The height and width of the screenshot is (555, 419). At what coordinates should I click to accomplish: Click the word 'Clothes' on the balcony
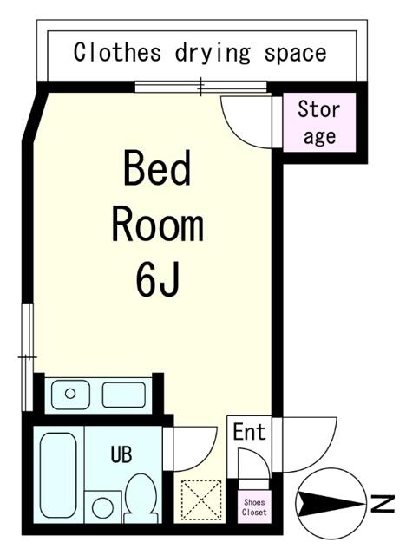117,52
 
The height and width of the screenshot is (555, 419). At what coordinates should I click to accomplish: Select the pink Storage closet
319,122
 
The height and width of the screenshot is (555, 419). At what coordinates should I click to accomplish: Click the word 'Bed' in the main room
157,168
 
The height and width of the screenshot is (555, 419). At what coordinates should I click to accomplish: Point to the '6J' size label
156,278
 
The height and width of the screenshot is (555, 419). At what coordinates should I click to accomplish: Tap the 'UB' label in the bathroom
121,454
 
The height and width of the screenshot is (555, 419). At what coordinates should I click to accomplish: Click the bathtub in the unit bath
58,475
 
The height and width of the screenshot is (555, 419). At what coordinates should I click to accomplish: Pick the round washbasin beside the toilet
102,506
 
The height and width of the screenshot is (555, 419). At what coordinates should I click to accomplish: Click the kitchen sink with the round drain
70,394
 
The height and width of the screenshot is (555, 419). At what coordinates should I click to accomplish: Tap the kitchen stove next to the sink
124,395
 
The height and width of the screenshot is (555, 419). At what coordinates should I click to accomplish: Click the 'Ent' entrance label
249,432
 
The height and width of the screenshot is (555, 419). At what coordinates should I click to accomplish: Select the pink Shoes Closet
254,506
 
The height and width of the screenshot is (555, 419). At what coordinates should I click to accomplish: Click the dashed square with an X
200,499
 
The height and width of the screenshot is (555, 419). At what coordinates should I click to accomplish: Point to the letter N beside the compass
383,504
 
